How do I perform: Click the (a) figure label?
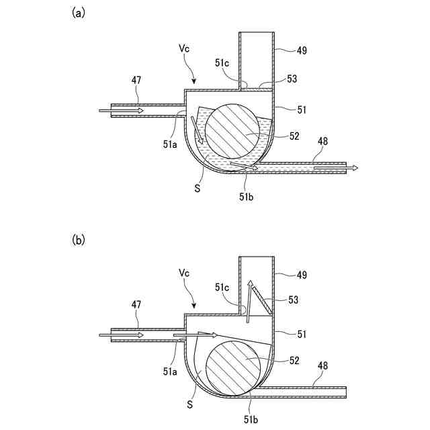click(79, 13)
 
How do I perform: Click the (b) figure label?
click(79, 240)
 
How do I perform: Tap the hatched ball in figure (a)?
click(231, 130)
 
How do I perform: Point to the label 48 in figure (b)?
click(323, 367)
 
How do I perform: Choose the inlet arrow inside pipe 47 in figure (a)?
click(122, 110)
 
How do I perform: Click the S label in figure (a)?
click(197, 189)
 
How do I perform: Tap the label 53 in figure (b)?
click(293, 299)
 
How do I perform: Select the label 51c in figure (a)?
click(222, 63)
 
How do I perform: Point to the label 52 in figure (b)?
click(294, 361)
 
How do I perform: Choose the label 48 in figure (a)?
click(323, 141)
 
